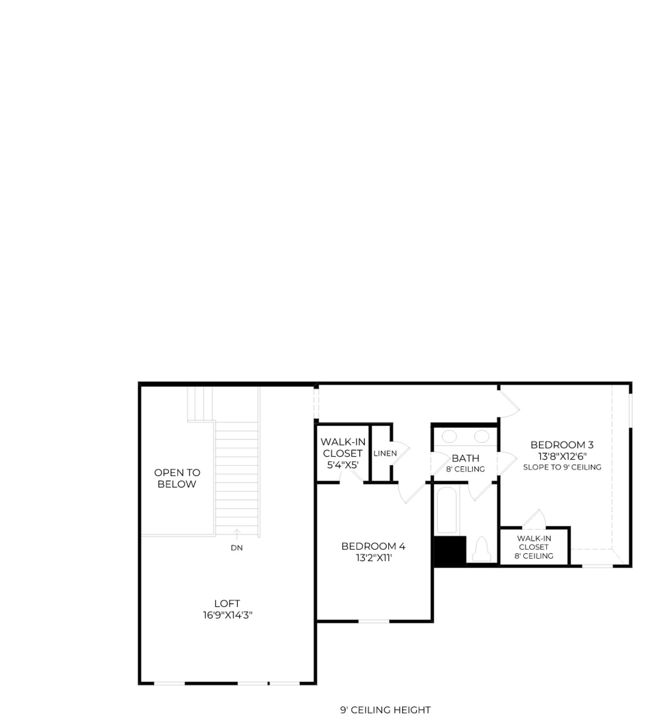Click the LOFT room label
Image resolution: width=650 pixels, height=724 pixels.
[x=227, y=603]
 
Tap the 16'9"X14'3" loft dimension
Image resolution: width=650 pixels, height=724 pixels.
[x=227, y=615]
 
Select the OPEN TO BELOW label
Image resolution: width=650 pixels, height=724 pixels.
[x=177, y=478]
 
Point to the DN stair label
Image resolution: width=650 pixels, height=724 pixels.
[x=237, y=548]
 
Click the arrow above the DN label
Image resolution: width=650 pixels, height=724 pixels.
[x=237, y=535]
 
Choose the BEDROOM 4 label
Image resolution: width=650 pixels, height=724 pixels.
[x=373, y=546]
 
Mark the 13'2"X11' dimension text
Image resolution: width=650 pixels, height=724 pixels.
[x=374, y=558]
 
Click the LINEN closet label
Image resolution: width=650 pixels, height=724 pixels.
[x=385, y=453]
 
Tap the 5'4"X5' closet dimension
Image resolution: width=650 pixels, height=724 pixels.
[x=343, y=465]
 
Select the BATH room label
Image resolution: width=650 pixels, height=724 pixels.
[x=466, y=458]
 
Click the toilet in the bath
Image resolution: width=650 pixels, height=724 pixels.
[x=482, y=550]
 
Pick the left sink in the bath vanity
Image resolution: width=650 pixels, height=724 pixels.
[x=449, y=437]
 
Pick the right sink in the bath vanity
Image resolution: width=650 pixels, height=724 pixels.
[x=482, y=437]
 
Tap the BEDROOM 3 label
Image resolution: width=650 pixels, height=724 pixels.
[x=562, y=445]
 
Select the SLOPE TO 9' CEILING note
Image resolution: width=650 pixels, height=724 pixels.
[x=562, y=467]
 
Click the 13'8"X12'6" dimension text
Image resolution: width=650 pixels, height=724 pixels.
[x=563, y=456]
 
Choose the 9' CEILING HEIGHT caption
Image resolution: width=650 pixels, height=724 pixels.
[x=386, y=710]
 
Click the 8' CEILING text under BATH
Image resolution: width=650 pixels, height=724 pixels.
[x=466, y=469]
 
